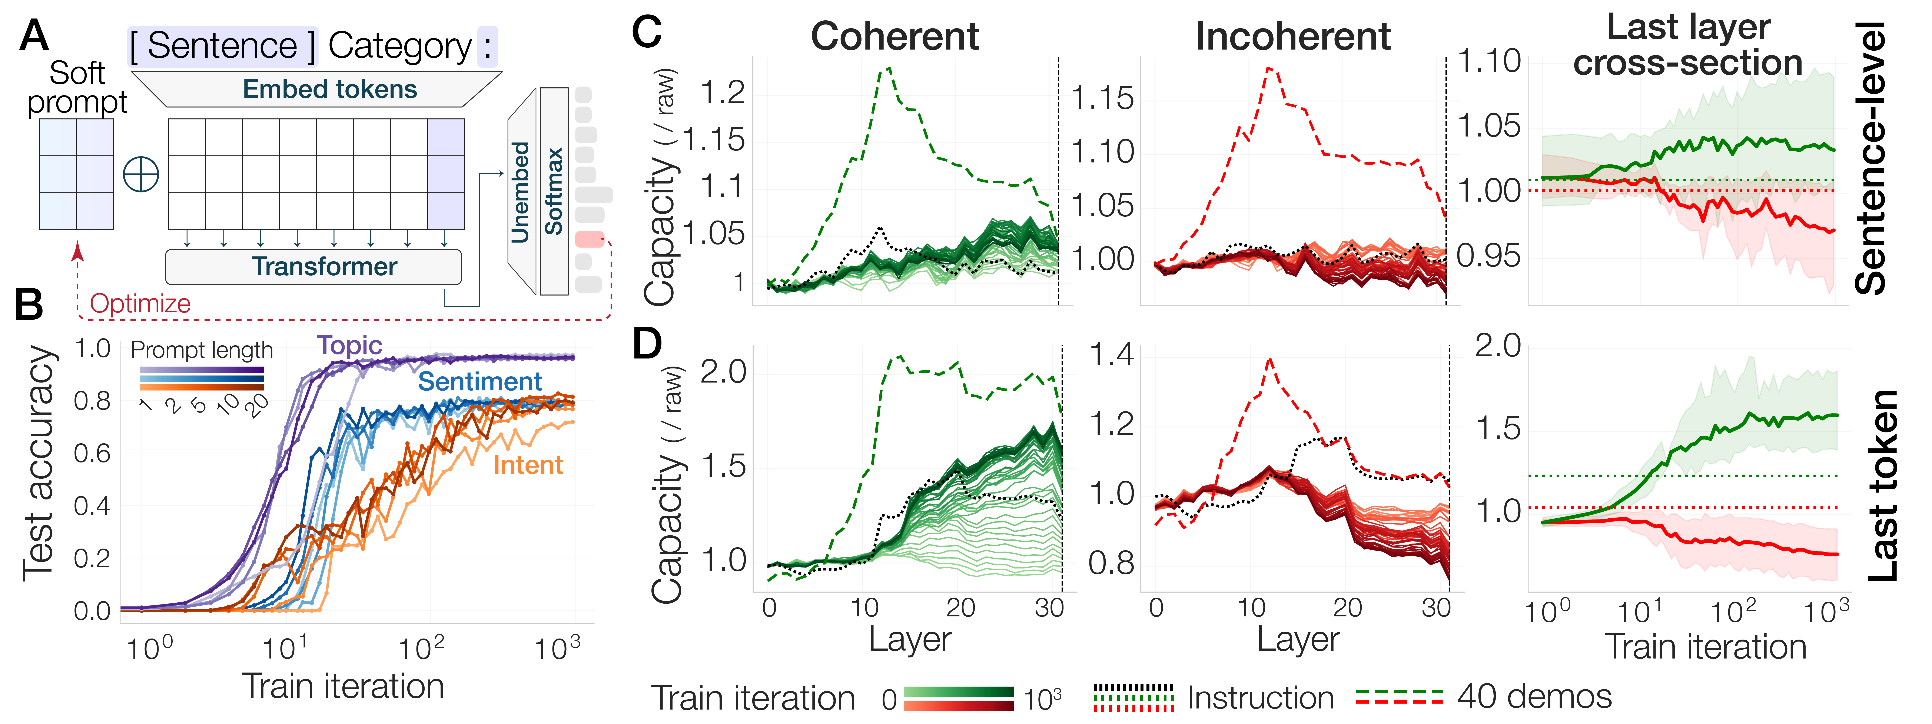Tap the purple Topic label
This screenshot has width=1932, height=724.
(x=349, y=346)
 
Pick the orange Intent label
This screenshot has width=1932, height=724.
(x=528, y=465)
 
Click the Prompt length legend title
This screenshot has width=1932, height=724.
(x=202, y=350)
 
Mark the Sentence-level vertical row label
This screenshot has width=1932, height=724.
(x=1870, y=157)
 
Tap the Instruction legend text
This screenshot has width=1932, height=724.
(x=1260, y=698)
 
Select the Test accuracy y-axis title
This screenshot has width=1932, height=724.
(x=39, y=463)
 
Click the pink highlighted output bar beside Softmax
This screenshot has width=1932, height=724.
(x=590, y=239)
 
